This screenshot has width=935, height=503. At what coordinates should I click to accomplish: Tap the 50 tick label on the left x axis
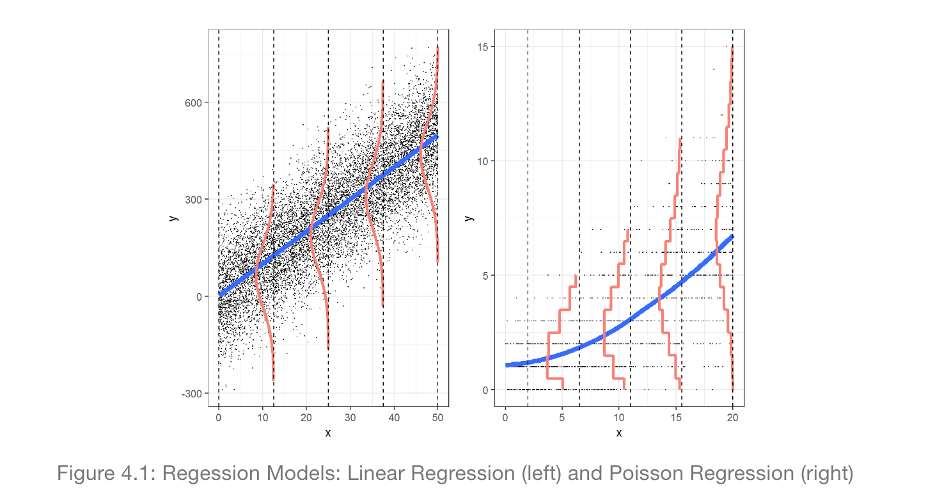click(438, 419)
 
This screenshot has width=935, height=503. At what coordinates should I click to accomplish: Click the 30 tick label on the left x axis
click(350, 419)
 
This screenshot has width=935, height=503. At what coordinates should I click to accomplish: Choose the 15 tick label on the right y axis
click(483, 47)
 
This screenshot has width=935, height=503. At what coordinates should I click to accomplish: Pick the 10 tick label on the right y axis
click(483, 161)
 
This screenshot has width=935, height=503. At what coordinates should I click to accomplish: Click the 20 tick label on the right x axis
click(733, 419)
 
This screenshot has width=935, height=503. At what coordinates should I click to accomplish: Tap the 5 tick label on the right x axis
click(562, 419)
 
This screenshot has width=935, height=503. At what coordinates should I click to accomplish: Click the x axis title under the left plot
click(328, 433)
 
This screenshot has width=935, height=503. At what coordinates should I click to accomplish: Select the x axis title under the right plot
click(619, 433)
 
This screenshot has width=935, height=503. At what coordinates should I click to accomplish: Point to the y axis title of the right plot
click(469, 218)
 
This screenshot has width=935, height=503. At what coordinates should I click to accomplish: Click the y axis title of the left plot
click(173, 218)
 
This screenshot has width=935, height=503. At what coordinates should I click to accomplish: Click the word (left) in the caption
click(521, 474)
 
